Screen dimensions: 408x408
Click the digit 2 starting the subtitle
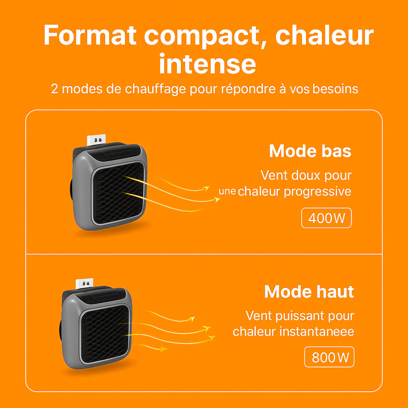pos(55,88)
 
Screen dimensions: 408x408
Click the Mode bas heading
pos(310,151)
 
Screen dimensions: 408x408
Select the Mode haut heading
pos(309,292)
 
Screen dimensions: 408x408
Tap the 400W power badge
pos(326,218)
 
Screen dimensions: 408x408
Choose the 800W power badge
pos(329,357)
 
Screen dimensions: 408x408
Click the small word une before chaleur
pos(228,191)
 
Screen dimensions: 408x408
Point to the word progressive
pos(318,192)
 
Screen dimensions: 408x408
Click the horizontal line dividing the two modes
pos(204,254)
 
